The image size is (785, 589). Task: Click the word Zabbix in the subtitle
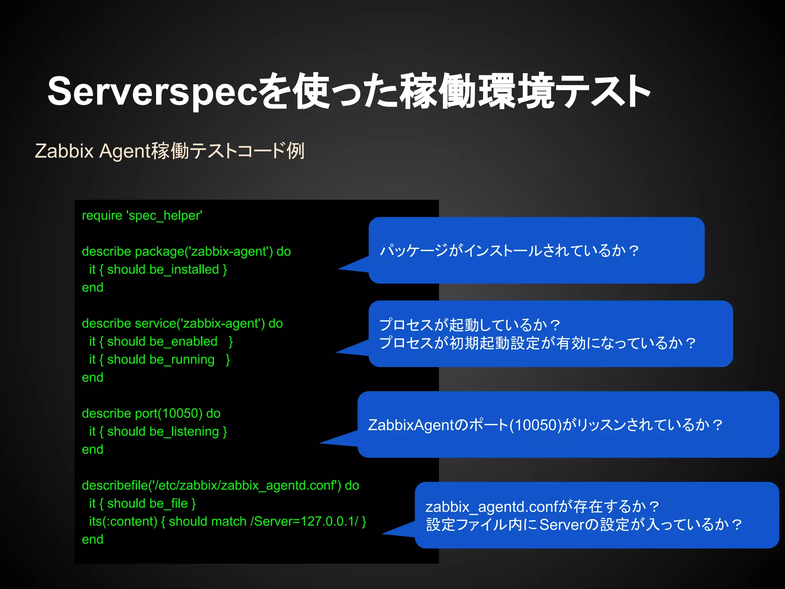point(64,151)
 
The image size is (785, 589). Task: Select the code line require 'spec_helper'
point(142,216)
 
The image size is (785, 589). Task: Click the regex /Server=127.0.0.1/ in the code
point(304,522)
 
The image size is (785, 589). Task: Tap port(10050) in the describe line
point(169,413)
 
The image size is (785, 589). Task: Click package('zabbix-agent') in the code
point(204,252)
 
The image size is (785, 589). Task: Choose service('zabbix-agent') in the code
point(200,324)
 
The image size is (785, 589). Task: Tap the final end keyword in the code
point(92,540)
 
